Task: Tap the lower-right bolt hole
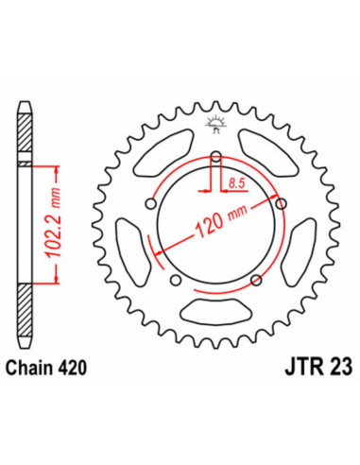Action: pos(257,277)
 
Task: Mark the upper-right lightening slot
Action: pos(272,149)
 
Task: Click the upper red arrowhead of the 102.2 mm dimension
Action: pos(58,169)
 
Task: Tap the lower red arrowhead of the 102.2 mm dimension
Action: pos(58,277)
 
